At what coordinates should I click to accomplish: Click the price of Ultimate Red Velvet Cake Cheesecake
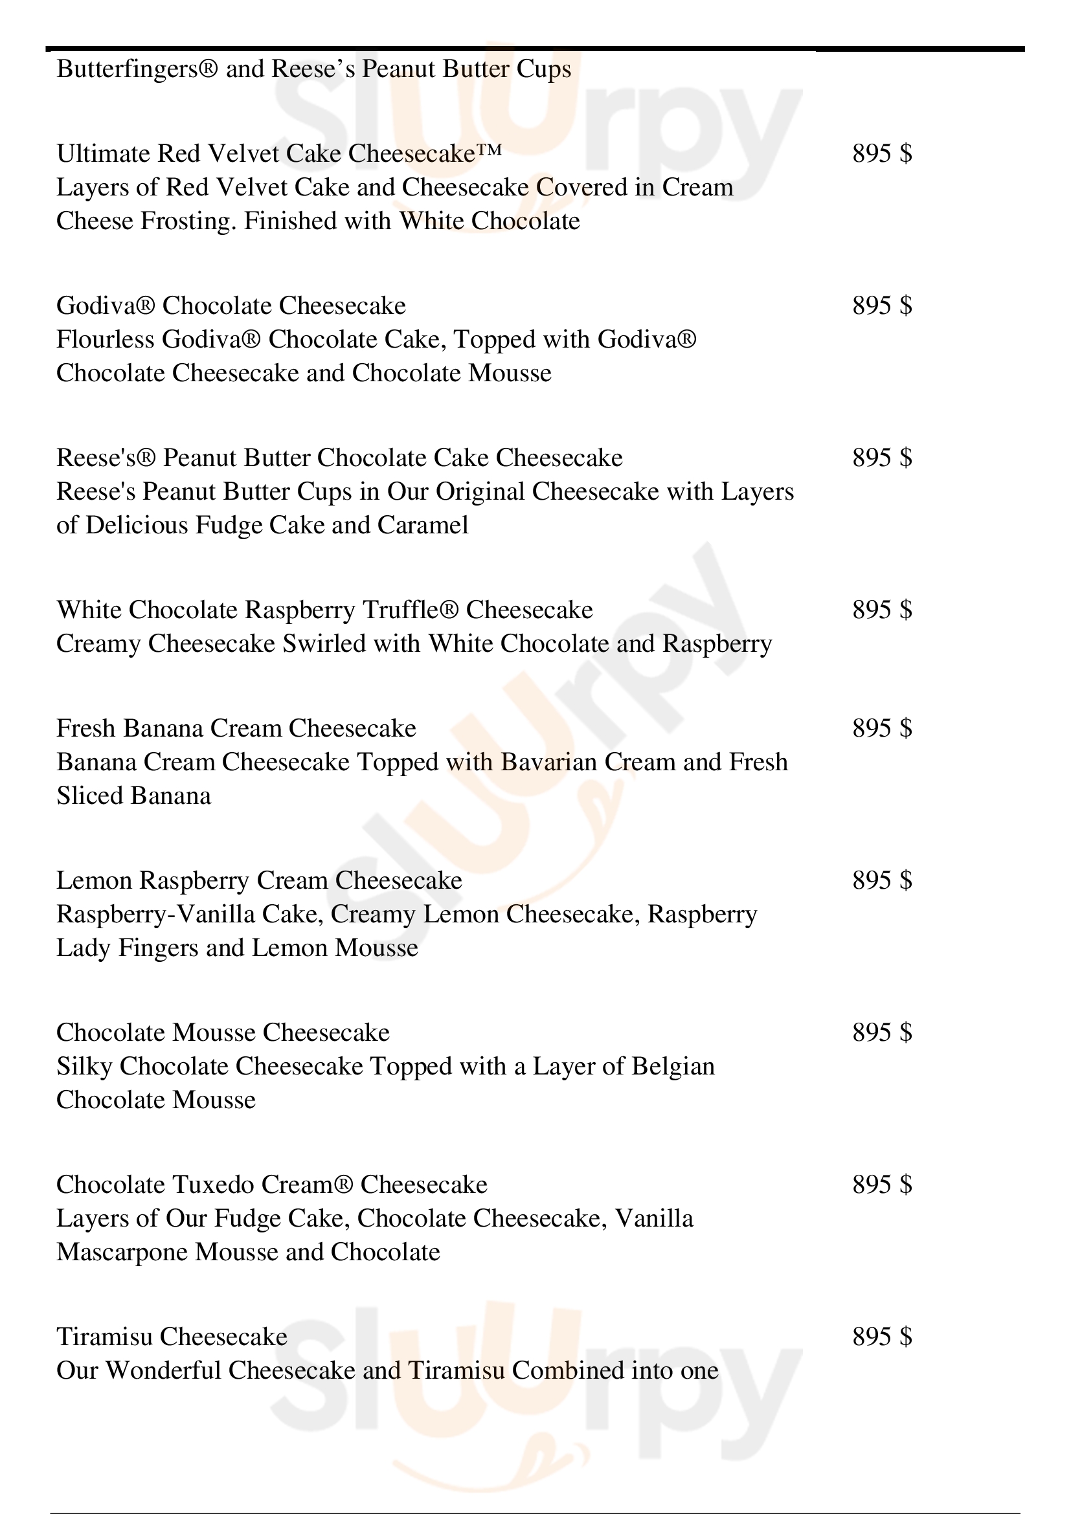[882, 153]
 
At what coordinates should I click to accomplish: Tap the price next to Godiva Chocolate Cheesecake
[882, 306]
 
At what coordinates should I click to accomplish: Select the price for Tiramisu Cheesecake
[882, 1337]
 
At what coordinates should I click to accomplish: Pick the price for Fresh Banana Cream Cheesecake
[882, 728]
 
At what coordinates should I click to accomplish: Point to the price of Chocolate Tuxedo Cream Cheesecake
[882, 1185]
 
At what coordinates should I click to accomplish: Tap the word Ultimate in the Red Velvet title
[103, 153]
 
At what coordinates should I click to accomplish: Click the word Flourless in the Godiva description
[105, 340]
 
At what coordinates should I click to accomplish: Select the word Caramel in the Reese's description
[423, 526]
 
